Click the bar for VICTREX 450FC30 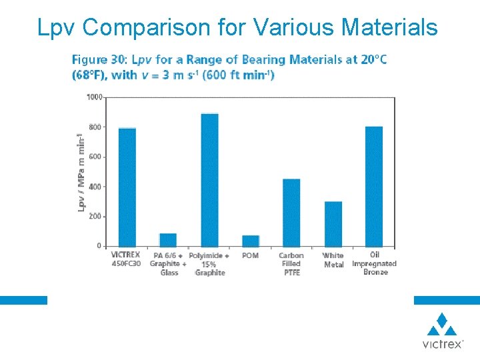point(127,187)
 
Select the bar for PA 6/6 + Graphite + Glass point(168,240)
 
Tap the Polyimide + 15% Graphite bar point(209,180)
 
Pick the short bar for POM point(251,241)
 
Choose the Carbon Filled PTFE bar point(291,213)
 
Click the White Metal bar point(333,224)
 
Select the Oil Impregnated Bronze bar point(374,187)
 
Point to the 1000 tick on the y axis point(94,97)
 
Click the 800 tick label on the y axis point(95,127)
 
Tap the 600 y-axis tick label point(95,157)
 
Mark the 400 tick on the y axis point(95,187)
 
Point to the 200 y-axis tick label point(95,217)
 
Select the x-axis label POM point(251,255)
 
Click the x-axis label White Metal point(333,260)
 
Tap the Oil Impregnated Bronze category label point(374,263)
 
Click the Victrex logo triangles point(442,325)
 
